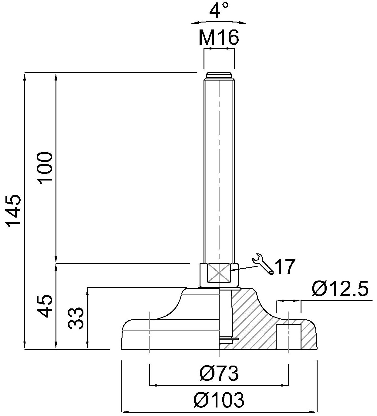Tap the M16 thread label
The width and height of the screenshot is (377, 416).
[x=219, y=38]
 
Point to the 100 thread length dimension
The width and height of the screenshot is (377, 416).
[x=44, y=168]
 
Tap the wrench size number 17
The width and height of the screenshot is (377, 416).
[x=285, y=267]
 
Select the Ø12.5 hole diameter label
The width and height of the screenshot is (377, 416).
[x=340, y=289]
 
